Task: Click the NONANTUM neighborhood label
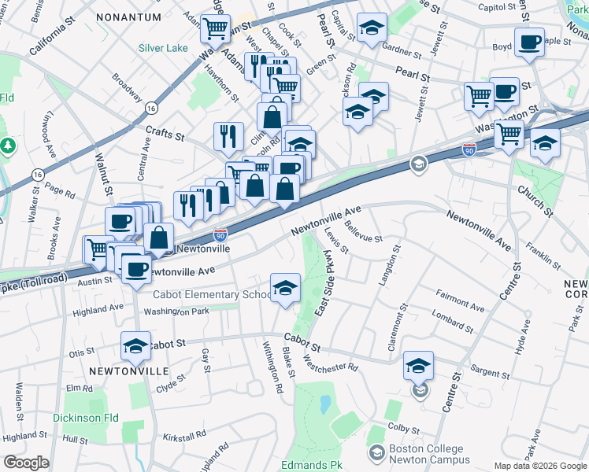click(x=128, y=16)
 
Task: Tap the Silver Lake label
click(x=163, y=48)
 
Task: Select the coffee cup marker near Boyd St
click(x=529, y=42)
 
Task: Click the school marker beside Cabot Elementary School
click(x=285, y=288)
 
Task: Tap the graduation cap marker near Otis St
click(x=135, y=346)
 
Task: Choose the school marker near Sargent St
click(x=418, y=366)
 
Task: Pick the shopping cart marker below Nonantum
click(x=214, y=28)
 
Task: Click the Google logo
click(x=26, y=463)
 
